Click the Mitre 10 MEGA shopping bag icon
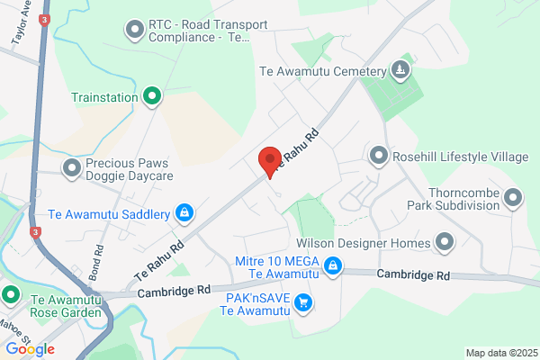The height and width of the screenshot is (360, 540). click(x=333, y=265)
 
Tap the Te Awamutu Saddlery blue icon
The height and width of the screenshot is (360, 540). click(x=184, y=213)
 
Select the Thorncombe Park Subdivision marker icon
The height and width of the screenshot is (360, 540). click(x=513, y=196)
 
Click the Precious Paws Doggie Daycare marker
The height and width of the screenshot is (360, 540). click(x=72, y=166)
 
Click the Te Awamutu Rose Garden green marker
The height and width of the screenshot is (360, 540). click(x=12, y=293)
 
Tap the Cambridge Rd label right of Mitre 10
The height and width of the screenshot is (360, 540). click(x=413, y=275)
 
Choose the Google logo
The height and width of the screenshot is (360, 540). click(x=30, y=348)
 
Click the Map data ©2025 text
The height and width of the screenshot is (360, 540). click(x=499, y=353)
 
